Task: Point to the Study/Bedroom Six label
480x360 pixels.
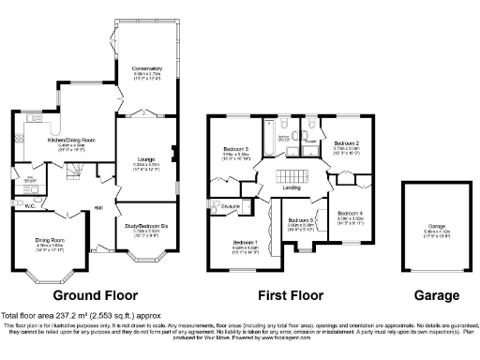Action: tap(147, 225)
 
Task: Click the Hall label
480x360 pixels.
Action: tap(97, 208)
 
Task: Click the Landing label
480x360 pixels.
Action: tap(292, 188)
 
